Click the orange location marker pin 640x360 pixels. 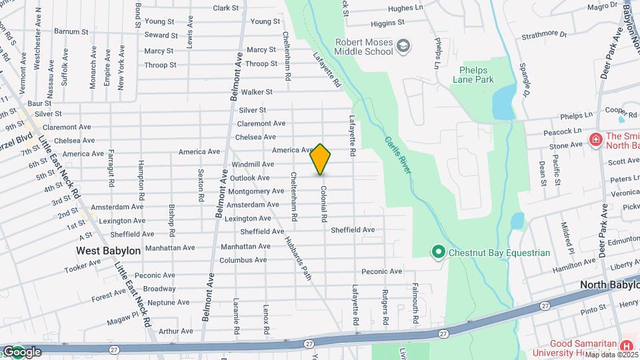[x=321, y=159]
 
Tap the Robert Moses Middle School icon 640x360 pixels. [x=403, y=46]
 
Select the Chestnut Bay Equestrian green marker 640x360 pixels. [x=438, y=252]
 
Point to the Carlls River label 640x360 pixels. [x=397, y=156]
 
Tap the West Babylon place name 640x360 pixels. [x=108, y=251]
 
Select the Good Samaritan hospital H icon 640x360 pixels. [x=626, y=345]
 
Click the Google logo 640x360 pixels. [x=22, y=352]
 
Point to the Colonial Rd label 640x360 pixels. [x=323, y=204]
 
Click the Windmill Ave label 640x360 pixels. [x=253, y=164]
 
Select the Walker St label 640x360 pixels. [x=257, y=92]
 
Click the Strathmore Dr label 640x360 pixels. [x=544, y=34]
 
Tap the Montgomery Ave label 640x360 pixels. [x=256, y=191]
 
